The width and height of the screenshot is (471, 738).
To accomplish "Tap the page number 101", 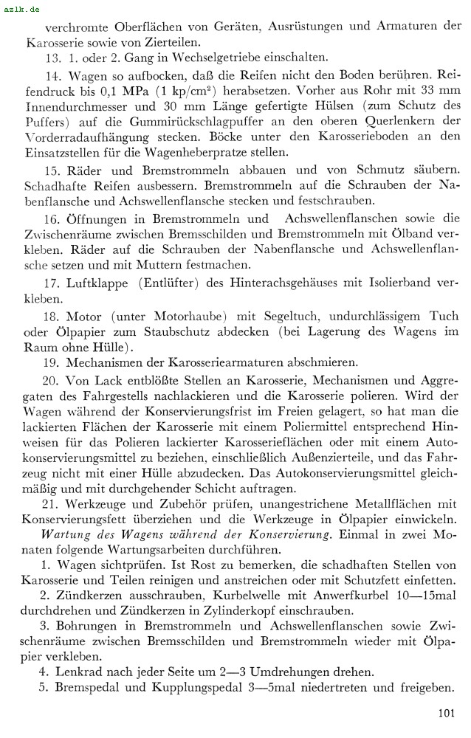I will (446, 713).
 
